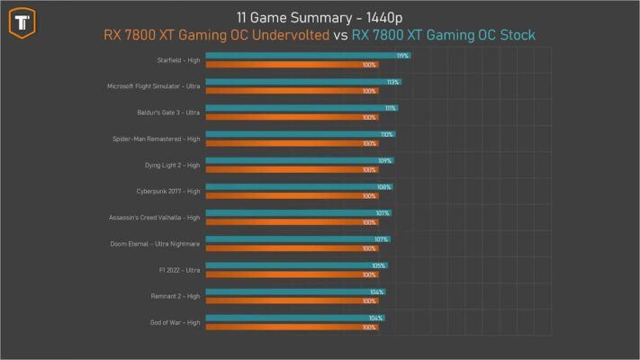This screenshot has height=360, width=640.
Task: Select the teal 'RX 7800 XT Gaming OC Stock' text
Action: click(443, 35)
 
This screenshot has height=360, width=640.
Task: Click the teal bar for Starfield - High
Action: click(297, 56)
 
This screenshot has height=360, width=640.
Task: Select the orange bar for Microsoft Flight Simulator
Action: click(279, 91)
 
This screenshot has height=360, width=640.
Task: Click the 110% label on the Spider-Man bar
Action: click(387, 134)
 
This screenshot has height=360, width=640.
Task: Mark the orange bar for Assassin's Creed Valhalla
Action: click(279, 222)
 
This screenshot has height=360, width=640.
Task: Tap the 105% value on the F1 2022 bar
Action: click(379, 265)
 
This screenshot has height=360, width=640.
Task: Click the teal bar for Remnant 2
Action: click(288, 292)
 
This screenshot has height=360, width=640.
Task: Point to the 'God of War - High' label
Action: click(175, 322)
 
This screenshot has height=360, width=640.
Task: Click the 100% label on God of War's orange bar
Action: click(369, 328)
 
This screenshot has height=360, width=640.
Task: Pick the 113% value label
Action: click(392, 82)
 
